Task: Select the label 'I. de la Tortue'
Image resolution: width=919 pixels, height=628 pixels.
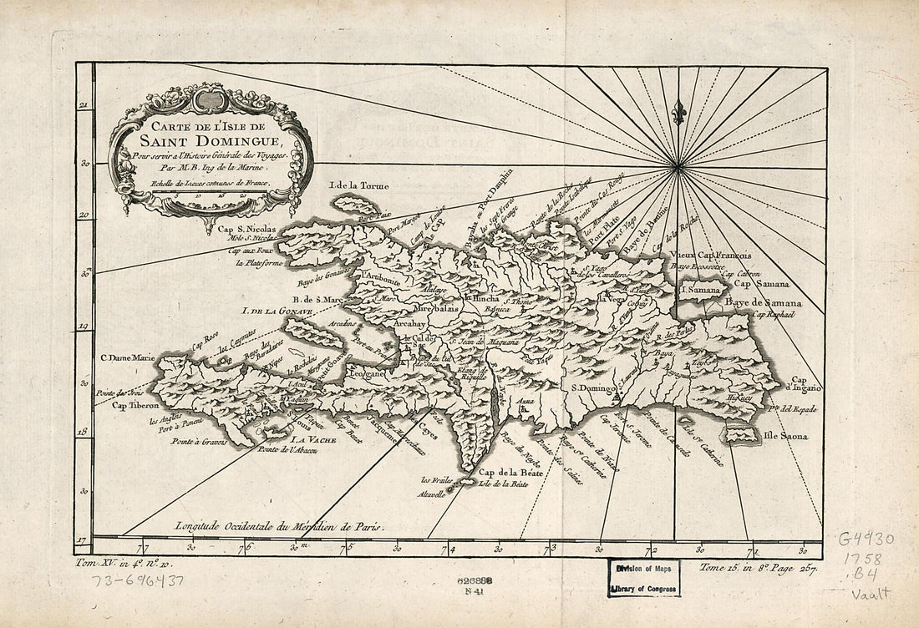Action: coord(359,185)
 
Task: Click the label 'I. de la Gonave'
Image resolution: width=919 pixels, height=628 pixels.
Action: coord(277,312)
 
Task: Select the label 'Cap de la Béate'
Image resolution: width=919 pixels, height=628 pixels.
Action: coord(511,473)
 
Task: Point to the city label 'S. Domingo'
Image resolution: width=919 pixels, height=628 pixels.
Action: coord(593,389)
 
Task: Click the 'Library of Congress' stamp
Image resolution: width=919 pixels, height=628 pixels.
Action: coord(643,584)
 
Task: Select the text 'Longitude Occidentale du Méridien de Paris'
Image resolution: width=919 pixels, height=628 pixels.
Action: coord(278,526)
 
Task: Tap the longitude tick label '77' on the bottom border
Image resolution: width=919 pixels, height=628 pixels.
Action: coord(143,549)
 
